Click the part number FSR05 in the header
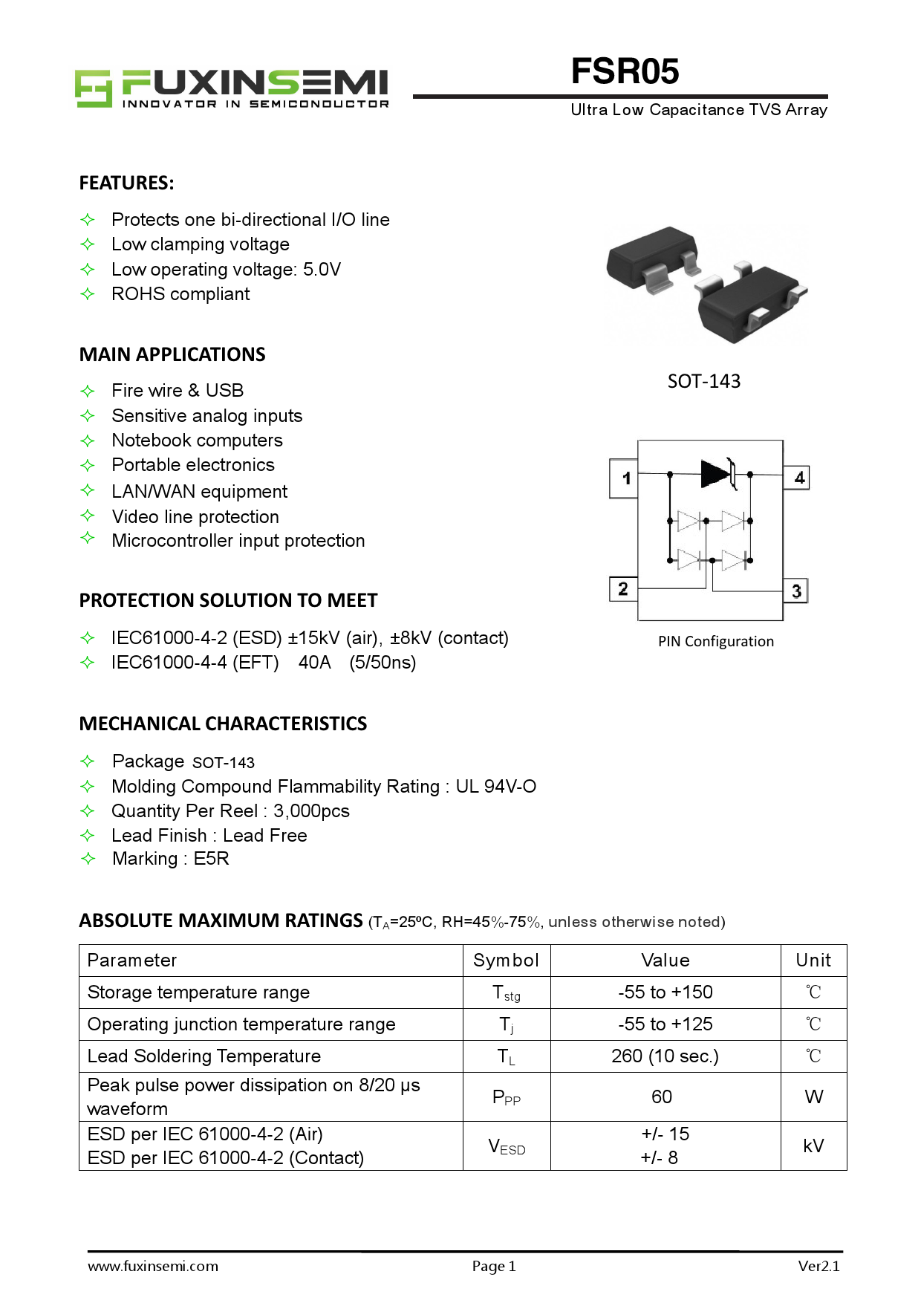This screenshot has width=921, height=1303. point(625,71)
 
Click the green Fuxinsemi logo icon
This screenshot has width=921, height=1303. point(93,88)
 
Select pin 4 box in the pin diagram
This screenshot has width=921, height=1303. point(798,478)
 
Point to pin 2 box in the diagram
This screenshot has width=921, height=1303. point(622,588)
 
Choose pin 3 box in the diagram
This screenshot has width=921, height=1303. point(795,591)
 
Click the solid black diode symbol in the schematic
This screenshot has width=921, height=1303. point(716,473)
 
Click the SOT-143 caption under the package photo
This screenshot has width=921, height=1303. point(703,381)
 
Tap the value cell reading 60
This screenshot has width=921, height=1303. point(662,1096)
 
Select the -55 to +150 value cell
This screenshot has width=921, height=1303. point(665,992)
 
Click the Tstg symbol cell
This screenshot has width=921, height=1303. point(507,992)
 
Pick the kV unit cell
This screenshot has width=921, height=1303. point(813,1146)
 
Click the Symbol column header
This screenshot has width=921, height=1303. point(506,960)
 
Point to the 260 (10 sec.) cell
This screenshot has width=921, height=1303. point(665,1056)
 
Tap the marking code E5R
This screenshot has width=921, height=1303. point(211,859)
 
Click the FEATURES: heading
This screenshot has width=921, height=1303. point(126,183)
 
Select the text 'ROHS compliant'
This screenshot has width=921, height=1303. point(180,294)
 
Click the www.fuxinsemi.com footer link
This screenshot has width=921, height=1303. point(153,1266)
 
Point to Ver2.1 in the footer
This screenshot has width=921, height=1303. point(819,1266)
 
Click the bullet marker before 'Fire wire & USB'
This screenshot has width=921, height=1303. point(88,391)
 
